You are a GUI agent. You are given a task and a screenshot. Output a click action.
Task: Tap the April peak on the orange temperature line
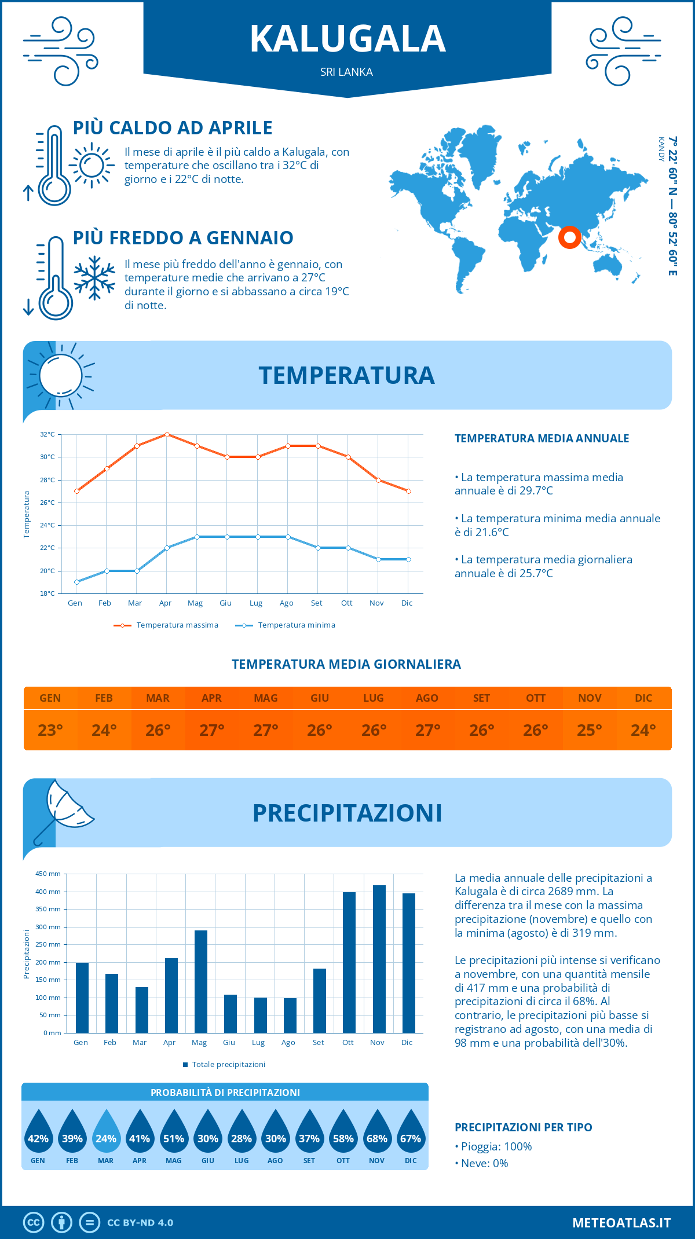[x=167, y=434]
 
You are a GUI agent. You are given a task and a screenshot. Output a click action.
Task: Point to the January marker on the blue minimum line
[x=76, y=582]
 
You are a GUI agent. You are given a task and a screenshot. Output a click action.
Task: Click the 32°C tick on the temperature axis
[x=47, y=434]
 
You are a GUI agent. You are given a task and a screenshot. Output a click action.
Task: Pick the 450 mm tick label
[x=48, y=874]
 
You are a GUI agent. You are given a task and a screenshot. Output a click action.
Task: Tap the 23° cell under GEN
[x=50, y=730]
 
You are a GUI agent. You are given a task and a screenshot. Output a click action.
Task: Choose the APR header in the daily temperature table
[x=211, y=698]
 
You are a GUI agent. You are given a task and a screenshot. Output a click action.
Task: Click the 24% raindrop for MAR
[x=106, y=1132]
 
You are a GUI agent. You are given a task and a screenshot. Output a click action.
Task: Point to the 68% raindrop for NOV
[x=377, y=1132]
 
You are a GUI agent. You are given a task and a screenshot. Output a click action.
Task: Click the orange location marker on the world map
[x=569, y=237]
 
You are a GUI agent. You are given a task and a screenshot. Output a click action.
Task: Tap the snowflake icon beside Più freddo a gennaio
[x=94, y=278]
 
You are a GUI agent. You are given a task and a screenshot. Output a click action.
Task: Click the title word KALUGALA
[x=348, y=39]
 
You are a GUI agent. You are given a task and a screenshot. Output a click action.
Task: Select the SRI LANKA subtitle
[x=346, y=72]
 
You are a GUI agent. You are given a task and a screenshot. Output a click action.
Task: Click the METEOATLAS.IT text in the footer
[x=621, y=1223]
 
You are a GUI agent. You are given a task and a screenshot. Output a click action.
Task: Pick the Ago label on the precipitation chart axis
[x=288, y=1042]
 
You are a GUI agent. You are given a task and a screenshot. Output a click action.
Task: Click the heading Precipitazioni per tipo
[x=523, y=1127]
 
